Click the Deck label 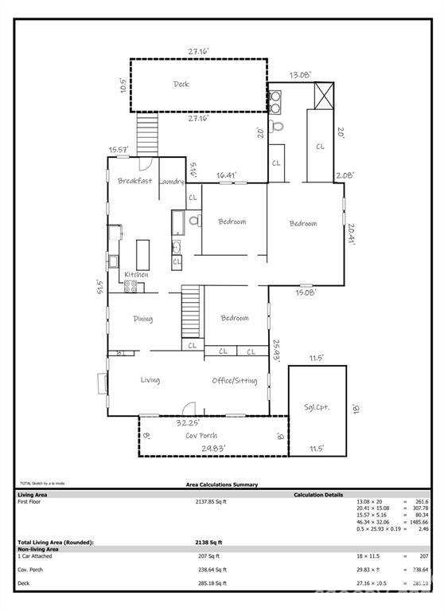tap(181, 84)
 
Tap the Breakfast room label tap(134, 181)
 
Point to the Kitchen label tap(136, 275)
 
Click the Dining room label tap(142, 319)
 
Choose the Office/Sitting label tap(235, 381)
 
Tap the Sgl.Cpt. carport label tap(317, 406)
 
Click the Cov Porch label tap(201, 436)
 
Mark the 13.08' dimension tap(300, 75)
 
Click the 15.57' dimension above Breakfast tap(119, 150)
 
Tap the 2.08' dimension tap(345, 175)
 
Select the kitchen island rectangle tap(143, 254)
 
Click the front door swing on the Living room tap(189, 406)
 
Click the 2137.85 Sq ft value tap(211, 502)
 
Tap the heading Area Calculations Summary tap(221, 484)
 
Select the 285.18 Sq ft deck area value tap(211, 583)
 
